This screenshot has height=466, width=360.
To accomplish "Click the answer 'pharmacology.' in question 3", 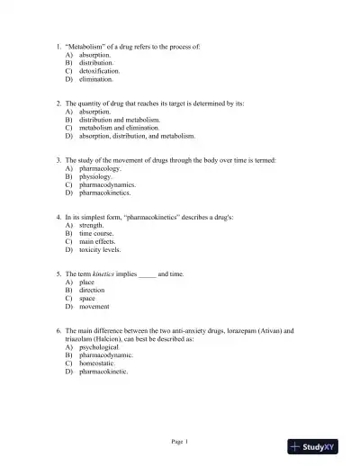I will pyautogui.click(x=102, y=168).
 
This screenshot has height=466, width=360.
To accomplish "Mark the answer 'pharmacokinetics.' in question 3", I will pyautogui.click(x=105, y=193).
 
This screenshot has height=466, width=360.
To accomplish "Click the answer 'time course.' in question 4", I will pyautogui.click(x=98, y=233).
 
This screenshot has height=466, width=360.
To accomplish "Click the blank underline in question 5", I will pyautogui.click(x=148, y=274).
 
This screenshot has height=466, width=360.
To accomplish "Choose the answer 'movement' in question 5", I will pyautogui.click(x=94, y=306).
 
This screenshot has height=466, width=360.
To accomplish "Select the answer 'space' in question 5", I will pyautogui.click(x=87, y=298).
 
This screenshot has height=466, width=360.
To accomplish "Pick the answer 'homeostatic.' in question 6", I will pyautogui.click(x=99, y=363).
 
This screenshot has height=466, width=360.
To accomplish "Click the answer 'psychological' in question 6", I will pyautogui.click(x=101, y=346).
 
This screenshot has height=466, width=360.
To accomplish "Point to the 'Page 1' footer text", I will pyautogui.click(x=179, y=441).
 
